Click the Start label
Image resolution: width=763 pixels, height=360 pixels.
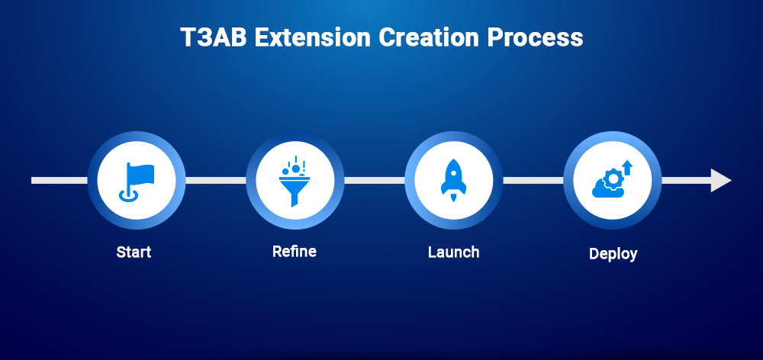(134, 252)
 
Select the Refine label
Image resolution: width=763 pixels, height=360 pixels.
(294, 251)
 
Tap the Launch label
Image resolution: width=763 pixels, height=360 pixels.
(453, 252)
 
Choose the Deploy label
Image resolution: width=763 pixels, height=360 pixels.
(613, 253)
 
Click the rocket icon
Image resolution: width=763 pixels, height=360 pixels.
(453, 181)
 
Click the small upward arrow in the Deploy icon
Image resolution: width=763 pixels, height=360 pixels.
(626, 166)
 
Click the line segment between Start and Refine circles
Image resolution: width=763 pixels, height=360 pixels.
(216, 181)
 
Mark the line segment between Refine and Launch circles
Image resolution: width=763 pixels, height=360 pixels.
(374, 181)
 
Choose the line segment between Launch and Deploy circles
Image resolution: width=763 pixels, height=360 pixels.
(533, 181)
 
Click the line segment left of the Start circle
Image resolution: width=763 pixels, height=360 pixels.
(59, 181)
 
